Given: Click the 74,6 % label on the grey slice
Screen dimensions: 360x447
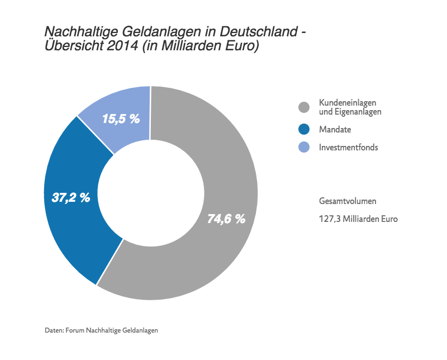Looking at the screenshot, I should tap(226, 219).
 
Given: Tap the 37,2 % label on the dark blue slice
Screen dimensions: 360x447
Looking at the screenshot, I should tap(71, 197).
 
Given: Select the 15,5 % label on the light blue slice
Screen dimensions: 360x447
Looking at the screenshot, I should tap(121, 119).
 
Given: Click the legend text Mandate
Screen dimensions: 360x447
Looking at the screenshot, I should tap(335, 130).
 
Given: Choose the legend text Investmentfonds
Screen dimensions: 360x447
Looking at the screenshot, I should tap(348, 148).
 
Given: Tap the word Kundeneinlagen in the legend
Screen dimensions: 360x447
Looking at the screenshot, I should tap(347, 103).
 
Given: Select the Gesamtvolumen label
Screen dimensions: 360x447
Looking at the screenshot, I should tap(347, 201).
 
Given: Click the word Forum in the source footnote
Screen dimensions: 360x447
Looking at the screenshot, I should tap(75, 330).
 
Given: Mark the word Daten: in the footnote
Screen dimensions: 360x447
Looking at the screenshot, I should tap(54, 330).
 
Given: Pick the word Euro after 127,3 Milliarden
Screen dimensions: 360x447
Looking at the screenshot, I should tap(388, 219).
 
